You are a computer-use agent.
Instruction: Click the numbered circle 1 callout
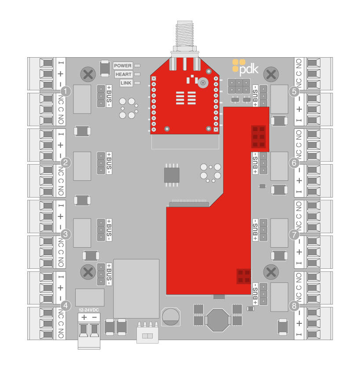[x=66, y=91]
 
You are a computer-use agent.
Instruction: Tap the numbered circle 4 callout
[x=66, y=305]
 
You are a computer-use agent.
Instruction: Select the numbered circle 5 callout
[x=294, y=92]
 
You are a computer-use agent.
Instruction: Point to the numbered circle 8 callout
[x=294, y=305]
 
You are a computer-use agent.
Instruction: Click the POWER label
[x=123, y=66]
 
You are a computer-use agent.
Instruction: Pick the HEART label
[x=123, y=74]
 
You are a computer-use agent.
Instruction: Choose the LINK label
[x=126, y=83]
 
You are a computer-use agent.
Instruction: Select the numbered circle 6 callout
[x=294, y=163]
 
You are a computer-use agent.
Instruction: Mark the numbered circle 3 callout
[x=66, y=234]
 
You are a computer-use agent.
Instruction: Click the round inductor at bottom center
[x=218, y=320]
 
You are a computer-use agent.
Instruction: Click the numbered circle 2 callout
[x=66, y=163]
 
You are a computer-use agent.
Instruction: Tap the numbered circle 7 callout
[x=294, y=234]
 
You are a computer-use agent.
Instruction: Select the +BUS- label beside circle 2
[x=109, y=163]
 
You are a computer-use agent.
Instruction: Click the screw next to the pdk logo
[x=272, y=73]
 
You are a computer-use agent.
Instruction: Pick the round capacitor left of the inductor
[x=170, y=317]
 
